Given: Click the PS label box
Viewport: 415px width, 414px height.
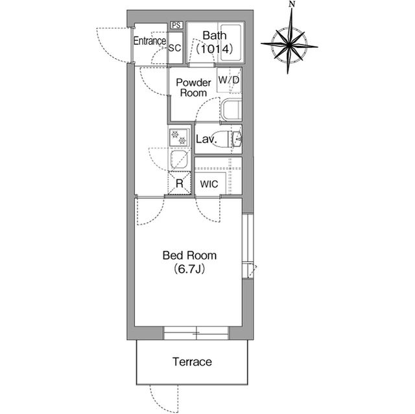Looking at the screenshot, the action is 176,25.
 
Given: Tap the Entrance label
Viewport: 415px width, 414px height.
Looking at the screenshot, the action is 150,41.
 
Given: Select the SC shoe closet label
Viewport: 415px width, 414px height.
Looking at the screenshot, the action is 175,48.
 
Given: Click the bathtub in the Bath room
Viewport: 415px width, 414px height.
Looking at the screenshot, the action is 231,43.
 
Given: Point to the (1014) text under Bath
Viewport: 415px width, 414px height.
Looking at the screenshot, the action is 215,49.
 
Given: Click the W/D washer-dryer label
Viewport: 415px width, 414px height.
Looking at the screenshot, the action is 229,80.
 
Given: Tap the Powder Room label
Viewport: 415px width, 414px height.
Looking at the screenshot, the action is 193,87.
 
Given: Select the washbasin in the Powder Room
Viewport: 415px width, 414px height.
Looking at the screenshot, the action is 231,109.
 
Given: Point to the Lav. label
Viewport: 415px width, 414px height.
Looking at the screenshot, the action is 206,139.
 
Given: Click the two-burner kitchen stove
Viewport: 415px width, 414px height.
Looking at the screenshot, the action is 179,138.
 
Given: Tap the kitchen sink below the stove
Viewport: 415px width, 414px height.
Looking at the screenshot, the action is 179,159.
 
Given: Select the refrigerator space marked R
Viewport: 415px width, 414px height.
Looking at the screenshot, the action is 180,183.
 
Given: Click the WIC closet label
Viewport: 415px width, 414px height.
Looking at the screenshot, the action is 209,184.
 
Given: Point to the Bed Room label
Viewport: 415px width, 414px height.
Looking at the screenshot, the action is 189,255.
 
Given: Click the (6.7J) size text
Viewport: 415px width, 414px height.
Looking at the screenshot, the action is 189,270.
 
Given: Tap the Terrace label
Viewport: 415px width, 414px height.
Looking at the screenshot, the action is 192,362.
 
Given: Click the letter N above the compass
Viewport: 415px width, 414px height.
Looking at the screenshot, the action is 292,5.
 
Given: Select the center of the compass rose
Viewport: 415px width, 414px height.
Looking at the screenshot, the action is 290,45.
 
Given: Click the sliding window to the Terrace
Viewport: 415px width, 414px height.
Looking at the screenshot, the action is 196,333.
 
